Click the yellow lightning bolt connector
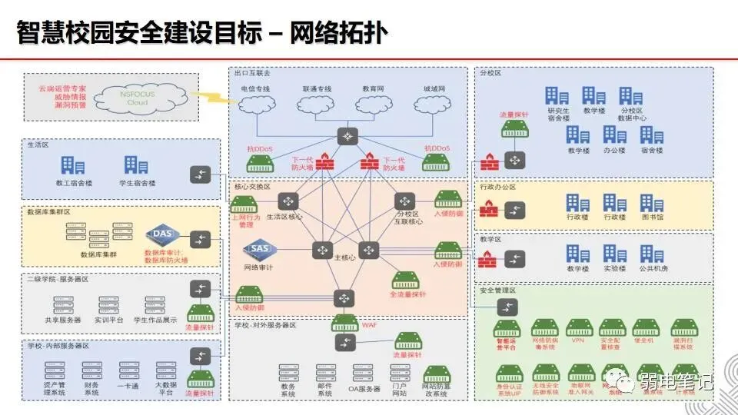pos(205,98)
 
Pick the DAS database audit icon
pos(161,234)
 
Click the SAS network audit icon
pos(259,250)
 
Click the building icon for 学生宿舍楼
pos(136,164)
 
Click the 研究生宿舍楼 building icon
pos(557,96)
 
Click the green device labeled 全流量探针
pos(407,280)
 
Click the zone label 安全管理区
pos(497,290)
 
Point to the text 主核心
pos(344,257)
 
